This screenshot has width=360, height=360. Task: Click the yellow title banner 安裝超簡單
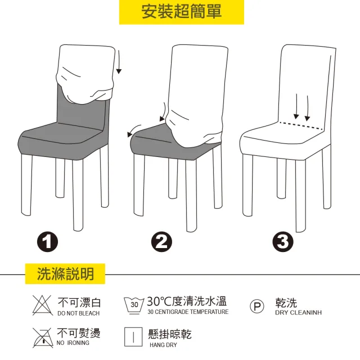click(181, 12)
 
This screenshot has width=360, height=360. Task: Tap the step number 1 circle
click(47, 242)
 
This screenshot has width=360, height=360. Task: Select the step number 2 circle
click(161, 242)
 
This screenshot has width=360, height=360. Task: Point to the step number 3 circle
click(283, 242)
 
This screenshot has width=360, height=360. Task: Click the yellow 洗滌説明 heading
click(65, 274)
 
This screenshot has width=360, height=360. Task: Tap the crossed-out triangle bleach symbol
click(42, 305)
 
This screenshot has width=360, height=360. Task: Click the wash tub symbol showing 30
click(134, 305)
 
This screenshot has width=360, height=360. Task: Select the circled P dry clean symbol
click(257, 306)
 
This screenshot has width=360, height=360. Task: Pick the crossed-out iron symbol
click(43, 337)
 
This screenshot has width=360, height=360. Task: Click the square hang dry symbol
click(133, 337)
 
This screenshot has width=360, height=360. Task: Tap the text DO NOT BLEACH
click(79, 313)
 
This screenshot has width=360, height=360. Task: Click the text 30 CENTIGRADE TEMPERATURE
click(188, 312)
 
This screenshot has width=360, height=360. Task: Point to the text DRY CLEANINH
click(299, 313)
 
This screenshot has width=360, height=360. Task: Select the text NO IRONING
click(73, 343)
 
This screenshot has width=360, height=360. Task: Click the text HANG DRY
click(163, 345)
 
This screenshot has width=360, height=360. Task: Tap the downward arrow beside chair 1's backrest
click(119, 62)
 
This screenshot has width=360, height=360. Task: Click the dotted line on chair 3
click(301, 126)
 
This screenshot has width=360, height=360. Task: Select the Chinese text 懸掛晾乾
click(170, 334)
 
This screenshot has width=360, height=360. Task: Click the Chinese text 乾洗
click(286, 303)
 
